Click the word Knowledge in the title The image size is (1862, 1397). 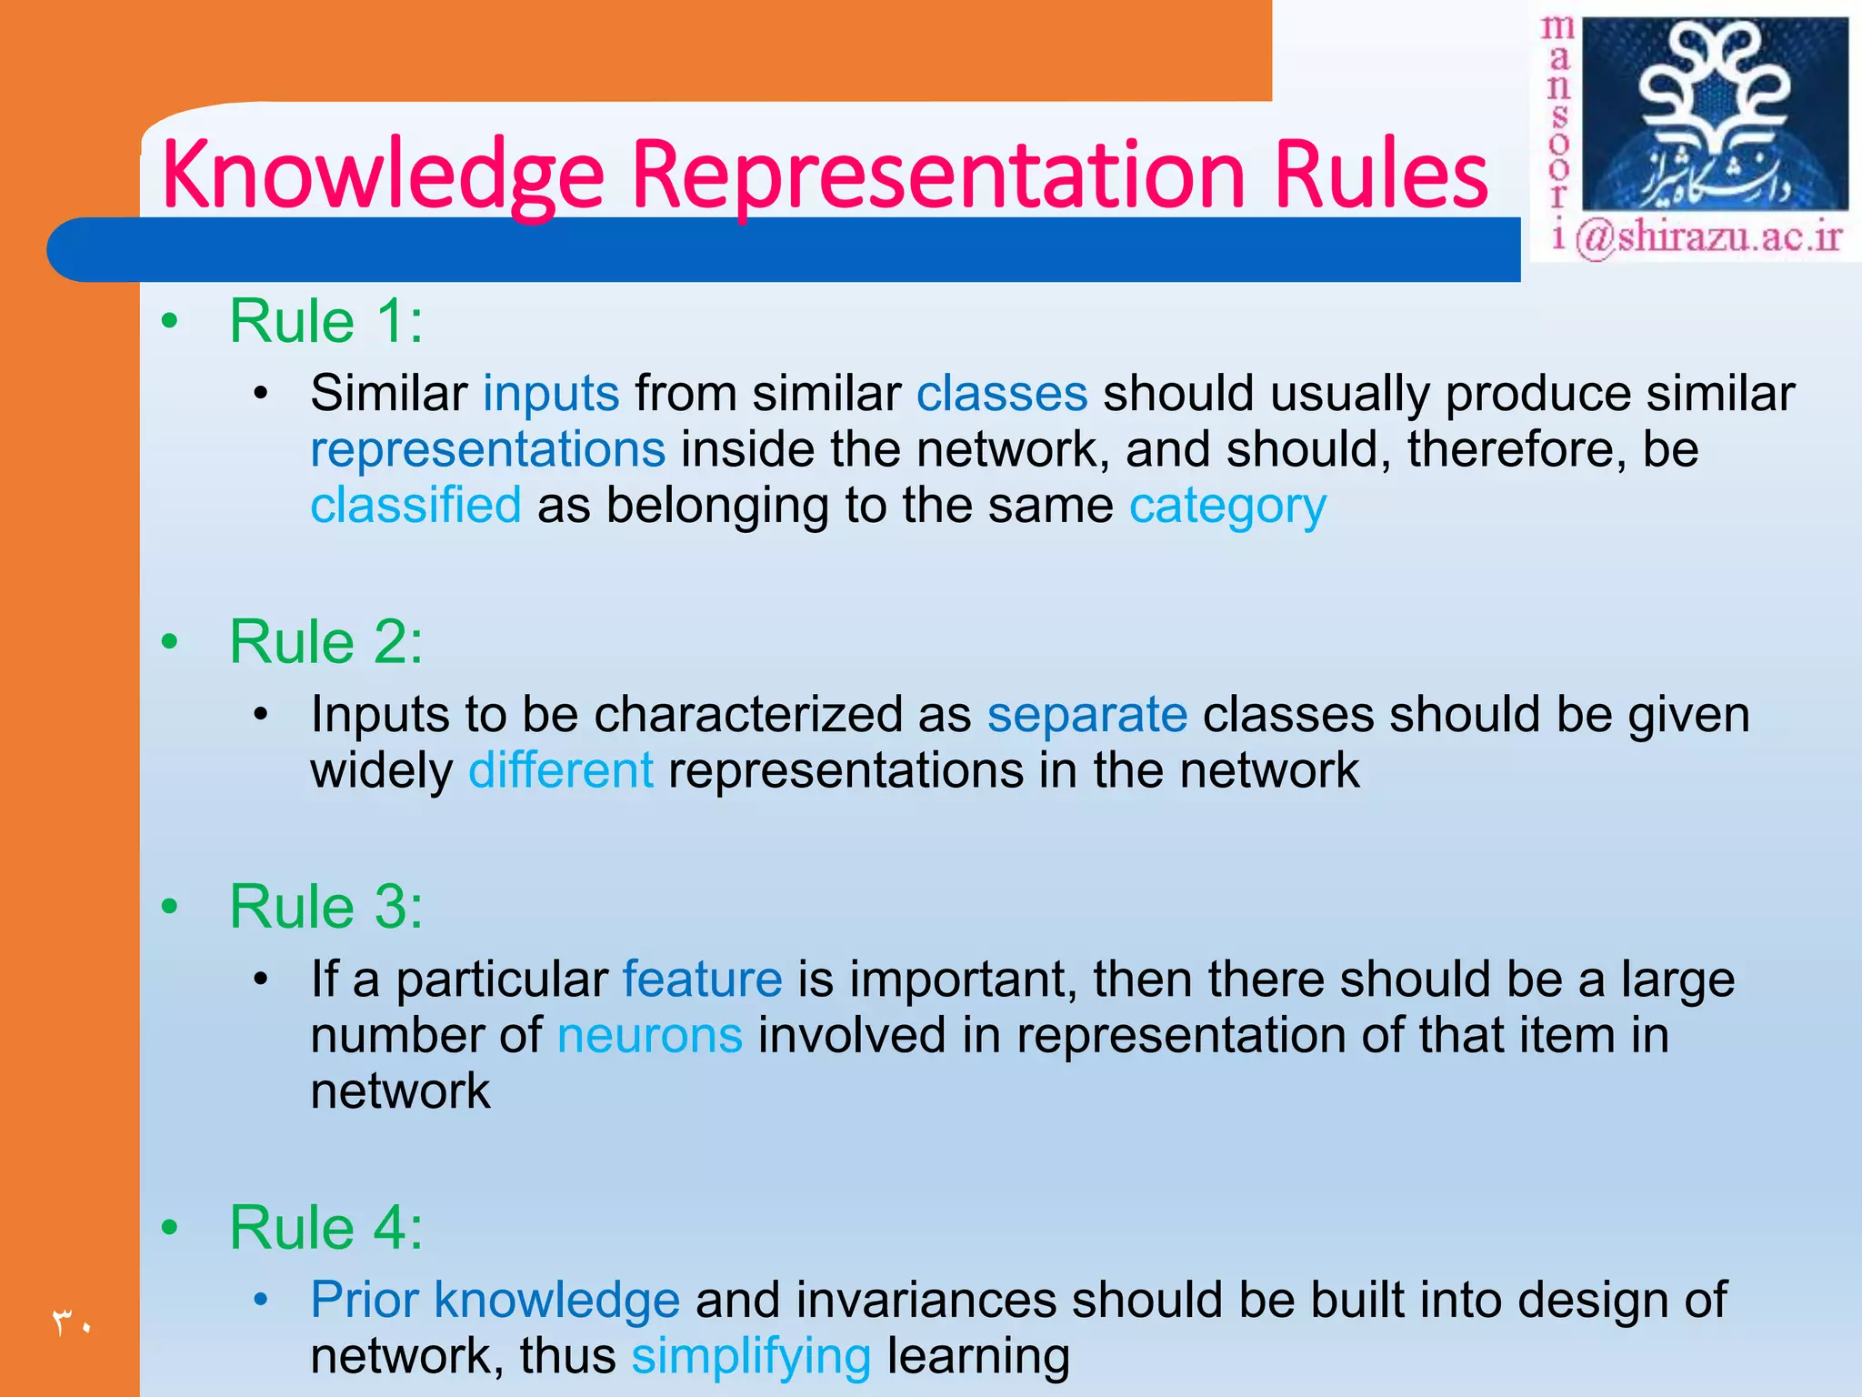click(382, 175)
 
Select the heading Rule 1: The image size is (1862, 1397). click(325, 321)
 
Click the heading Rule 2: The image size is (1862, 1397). click(325, 642)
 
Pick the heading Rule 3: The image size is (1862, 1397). click(325, 907)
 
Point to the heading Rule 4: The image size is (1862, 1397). click(325, 1228)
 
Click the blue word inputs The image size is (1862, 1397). click(551, 394)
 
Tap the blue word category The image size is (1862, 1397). click(1227, 507)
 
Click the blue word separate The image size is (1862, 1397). click(1087, 715)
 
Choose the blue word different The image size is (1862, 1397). click(561, 770)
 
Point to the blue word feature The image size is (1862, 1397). click(702, 980)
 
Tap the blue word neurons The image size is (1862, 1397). click(650, 1036)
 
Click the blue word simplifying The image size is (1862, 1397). click(751, 1357)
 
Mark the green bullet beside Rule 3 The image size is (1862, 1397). click(169, 907)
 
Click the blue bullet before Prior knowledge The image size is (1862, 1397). click(261, 1301)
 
